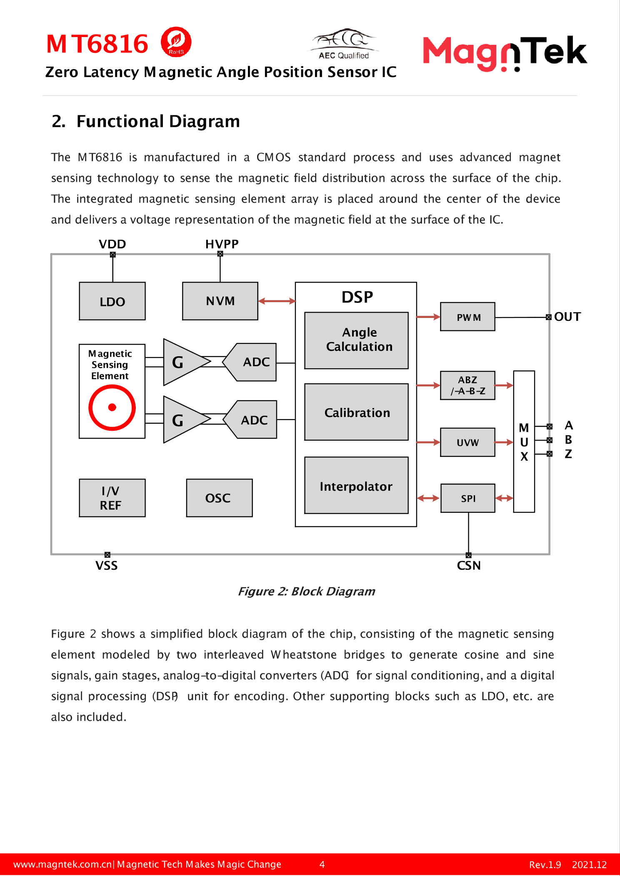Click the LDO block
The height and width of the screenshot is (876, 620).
112,301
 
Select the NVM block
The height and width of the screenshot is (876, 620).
220,301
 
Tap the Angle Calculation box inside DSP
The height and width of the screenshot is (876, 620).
356,340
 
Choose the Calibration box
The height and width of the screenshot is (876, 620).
356,412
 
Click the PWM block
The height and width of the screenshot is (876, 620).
467,317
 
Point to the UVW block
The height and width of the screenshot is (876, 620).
467,442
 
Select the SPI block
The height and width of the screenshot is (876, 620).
468,498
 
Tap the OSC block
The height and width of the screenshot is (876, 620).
219,498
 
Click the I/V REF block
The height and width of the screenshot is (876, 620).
112,498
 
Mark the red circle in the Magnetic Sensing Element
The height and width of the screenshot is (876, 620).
112,407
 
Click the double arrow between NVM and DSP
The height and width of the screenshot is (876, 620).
277,301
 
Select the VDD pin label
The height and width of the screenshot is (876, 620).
112,244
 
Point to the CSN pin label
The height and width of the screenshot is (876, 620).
469,566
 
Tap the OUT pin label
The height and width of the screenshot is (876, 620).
567,317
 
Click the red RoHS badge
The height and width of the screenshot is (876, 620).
176,42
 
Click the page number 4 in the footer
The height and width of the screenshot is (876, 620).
322,864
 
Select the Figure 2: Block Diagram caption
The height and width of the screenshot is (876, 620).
306,591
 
